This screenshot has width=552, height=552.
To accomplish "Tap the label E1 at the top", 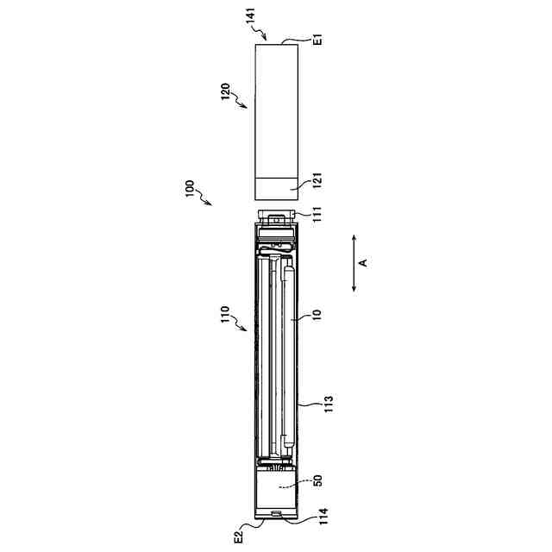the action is pyautogui.click(x=317, y=39).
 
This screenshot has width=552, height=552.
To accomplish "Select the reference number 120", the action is pyautogui.click(x=226, y=91).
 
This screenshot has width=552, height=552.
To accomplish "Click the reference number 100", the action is pyautogui.click(x=190, y=189).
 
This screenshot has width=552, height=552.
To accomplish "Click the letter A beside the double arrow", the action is pyautogui.click(x=363, y=262).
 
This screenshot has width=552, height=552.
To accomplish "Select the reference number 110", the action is pyautogui.click(x=225, y=314).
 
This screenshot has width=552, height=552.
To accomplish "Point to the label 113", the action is pyautogui.click(x=328, y=404).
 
